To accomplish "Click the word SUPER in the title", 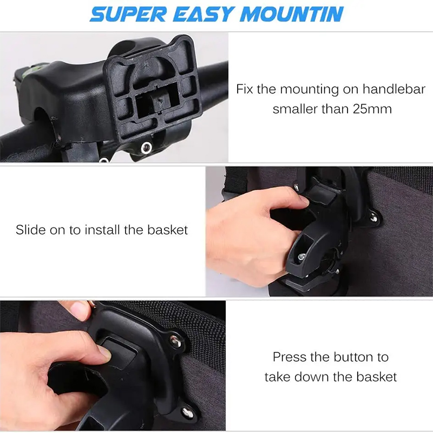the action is tap(128, 14).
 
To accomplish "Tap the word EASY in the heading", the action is tap(204, 14).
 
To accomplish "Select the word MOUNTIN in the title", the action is tap(292, 14).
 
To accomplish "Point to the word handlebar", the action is tap(394, 89).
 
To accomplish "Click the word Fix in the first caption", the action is tap(245, 89).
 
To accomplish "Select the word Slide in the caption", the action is tap(30, 229).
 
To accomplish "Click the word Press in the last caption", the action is tap(290, 357).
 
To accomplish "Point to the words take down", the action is tap(297, 377).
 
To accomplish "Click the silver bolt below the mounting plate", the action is tap(146, 148).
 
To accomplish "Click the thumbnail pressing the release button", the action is tap(106, 353).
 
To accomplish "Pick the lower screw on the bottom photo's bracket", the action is tap(187, 412).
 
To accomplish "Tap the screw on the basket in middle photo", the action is tap(373, 218).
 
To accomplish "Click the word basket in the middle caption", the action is tap(167, 229).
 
